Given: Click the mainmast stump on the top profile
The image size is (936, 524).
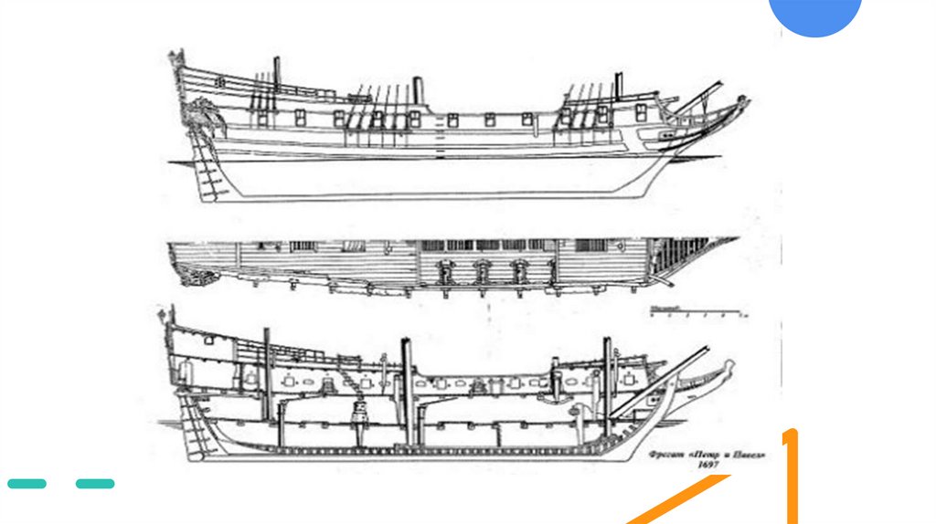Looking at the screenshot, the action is click(x=418, y=89).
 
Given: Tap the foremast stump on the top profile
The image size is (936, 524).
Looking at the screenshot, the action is click(x=618, y=85).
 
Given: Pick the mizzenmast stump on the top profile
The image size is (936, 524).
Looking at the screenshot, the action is click(x=276, y=70).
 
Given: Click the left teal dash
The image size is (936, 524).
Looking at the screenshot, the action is click(x=27, y=483).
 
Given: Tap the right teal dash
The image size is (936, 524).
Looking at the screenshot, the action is click(x=95, y=483).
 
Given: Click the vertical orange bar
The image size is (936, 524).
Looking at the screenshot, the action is click(x=791, y=475).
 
